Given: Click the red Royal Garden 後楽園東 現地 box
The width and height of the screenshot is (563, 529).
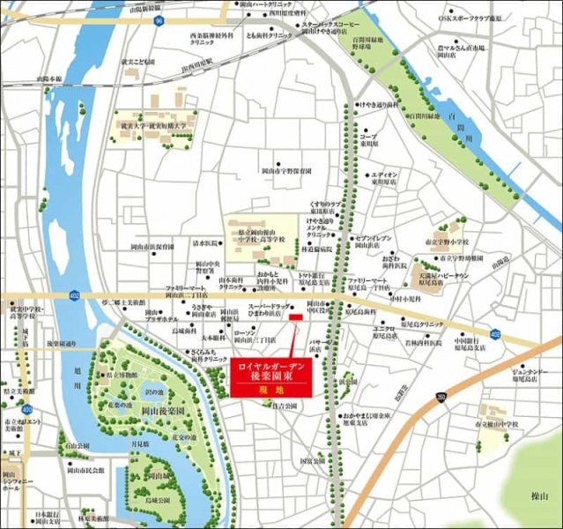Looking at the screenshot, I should [270, 376].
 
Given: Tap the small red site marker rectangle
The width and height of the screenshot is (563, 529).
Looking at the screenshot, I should [295, 317].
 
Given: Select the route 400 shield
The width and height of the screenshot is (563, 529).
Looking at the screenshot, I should [27, 409].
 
